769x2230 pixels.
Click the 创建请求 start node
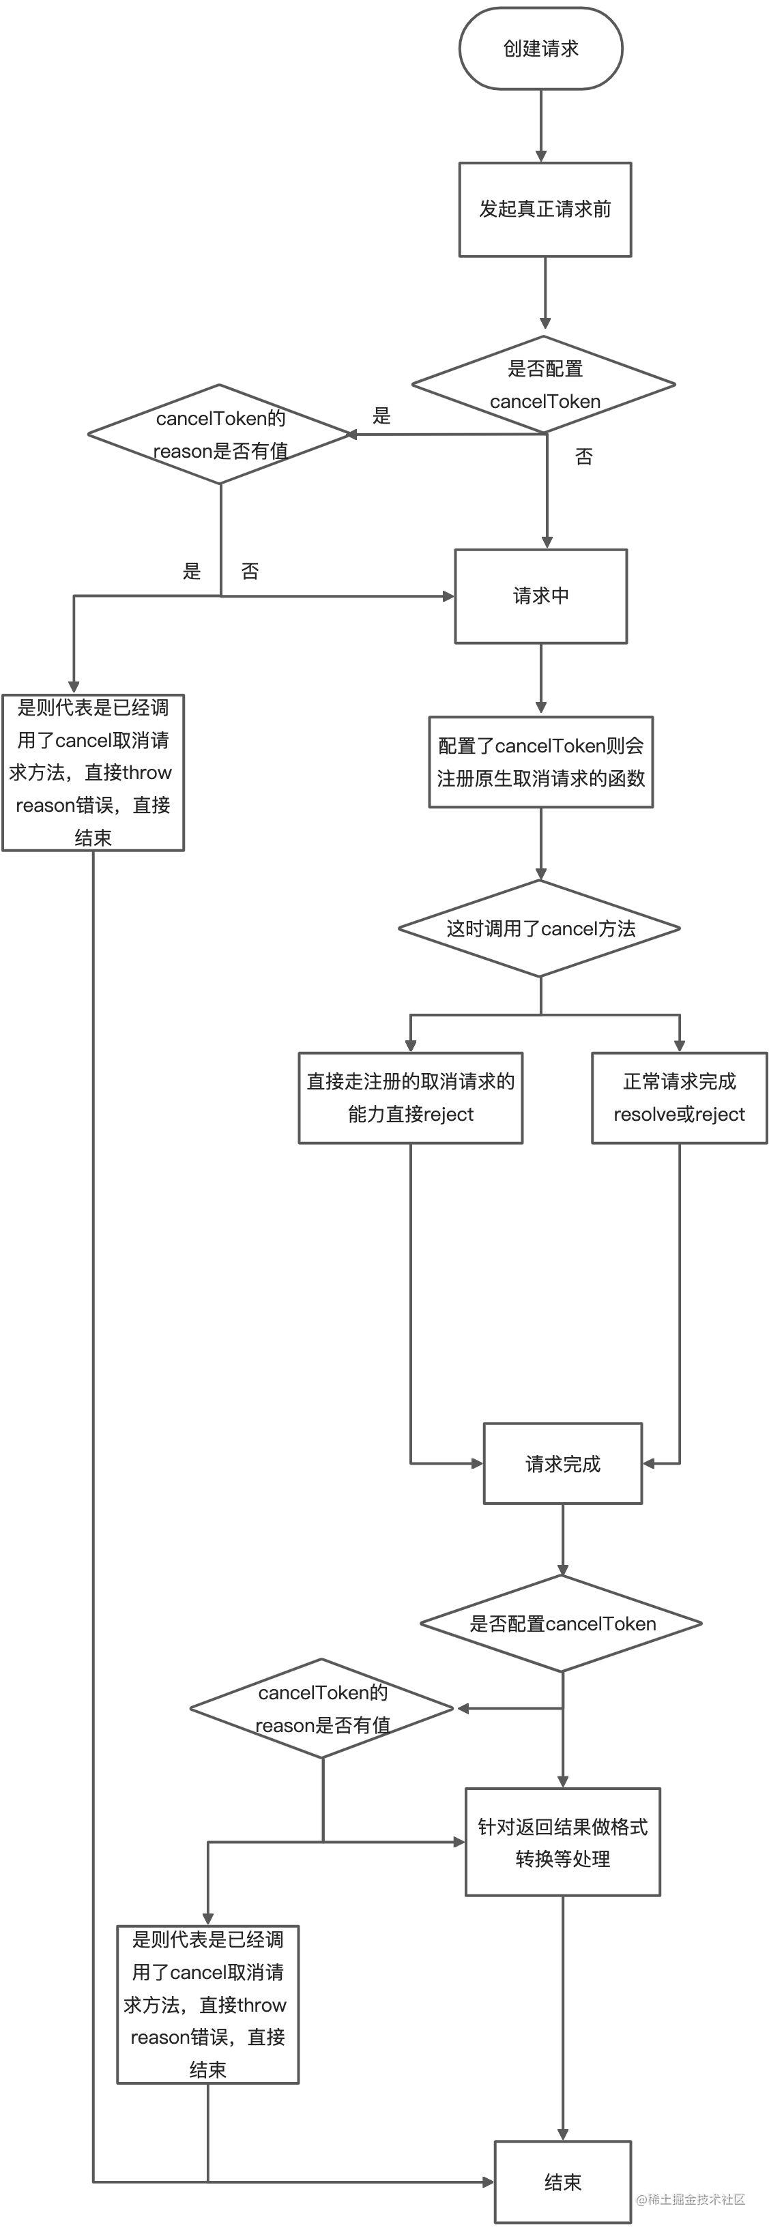(x=540, y=48)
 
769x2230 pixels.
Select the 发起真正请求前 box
(x=545, y=209)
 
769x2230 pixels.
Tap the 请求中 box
(x=540, y=596)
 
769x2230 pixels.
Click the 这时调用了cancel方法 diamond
(x=540, y=928)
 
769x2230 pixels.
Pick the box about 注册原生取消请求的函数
(x=540, y=762)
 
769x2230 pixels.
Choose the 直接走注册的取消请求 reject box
(x=411, y=1098)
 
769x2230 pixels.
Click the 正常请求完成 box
(x=679, y=1098)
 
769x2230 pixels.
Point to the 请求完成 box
(x=563, y=1463)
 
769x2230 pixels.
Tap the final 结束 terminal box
(x=563, y=2182)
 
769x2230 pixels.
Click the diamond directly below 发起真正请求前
(x=544, y=384)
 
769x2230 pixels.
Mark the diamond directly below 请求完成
(x=561, y=1623)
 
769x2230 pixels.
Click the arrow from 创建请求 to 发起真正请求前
(x=541, y=126)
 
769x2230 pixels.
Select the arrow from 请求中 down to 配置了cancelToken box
(x=540, y=679)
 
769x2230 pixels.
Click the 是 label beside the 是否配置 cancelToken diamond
(x=382, y=415)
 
